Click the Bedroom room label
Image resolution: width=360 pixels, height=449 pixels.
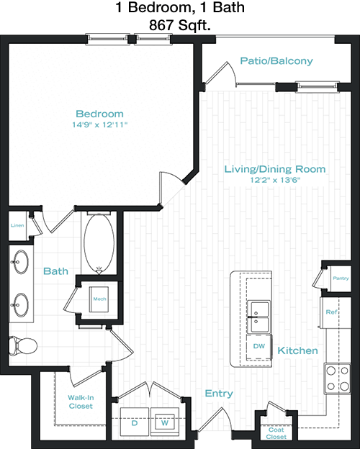pos(99,114)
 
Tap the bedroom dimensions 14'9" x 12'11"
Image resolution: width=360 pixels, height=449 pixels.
pos(99,125)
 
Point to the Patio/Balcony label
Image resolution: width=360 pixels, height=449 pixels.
pos(276,61)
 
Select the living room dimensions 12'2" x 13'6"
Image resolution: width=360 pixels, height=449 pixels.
pos(275,180)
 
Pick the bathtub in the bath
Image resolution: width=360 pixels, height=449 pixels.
pos(99,242)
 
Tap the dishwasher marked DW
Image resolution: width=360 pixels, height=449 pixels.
pos(258,347)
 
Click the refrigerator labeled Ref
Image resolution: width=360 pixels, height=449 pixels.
pos(336,312)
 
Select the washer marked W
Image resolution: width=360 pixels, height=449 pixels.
pos(165,422)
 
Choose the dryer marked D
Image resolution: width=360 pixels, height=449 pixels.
pos(135,422)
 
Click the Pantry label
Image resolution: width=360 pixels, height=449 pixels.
pos(341,278)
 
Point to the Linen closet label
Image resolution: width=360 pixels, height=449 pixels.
pos(17,226)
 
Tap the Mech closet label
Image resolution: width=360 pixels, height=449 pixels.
pos(99,299)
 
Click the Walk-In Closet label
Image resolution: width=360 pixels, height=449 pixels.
pos(81,402)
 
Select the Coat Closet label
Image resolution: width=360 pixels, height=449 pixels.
pos(276,433)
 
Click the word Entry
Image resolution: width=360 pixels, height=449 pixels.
pos(219,394)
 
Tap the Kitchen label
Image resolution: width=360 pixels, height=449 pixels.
pos(297,350)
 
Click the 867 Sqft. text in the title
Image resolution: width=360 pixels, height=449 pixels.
pos(180,26)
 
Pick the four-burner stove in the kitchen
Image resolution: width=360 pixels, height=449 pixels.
pos(338,378)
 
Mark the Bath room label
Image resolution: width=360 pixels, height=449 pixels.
pos(55,271)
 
